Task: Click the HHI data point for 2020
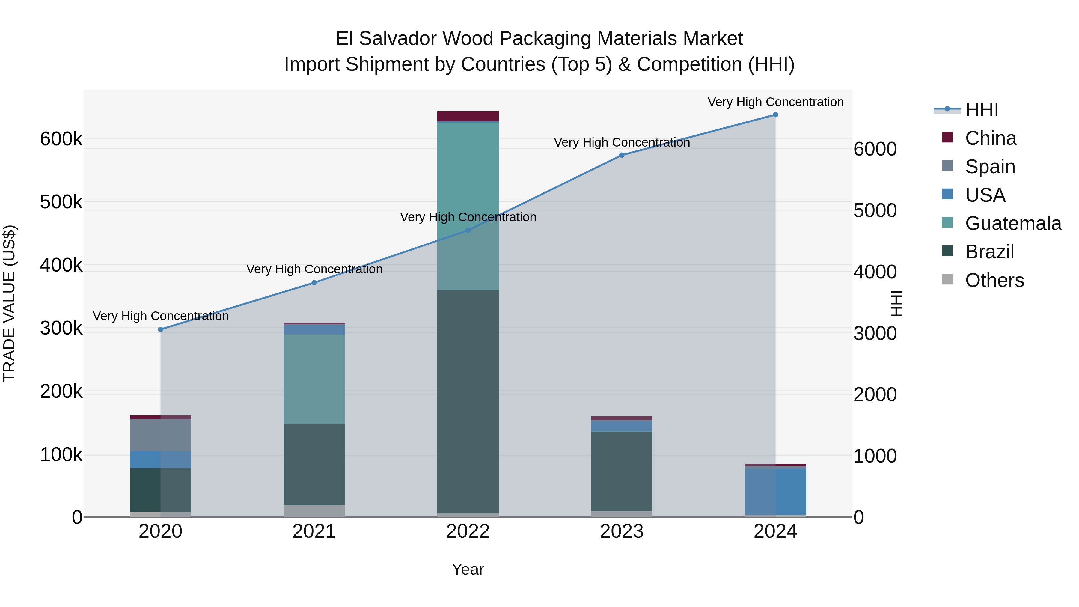pos(160,329)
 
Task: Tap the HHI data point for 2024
pos(775,115)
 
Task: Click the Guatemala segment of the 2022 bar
pos(468,205)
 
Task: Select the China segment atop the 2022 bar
pos(468,116)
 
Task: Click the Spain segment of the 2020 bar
pos(160,435)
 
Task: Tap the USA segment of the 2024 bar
pos(775,491)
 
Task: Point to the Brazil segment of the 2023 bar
pos(622,471)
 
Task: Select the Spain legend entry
pos(990,167)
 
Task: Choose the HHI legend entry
pos(981,110)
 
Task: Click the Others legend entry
pos(994,280)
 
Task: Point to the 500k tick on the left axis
pos(61,202)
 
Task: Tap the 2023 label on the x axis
pos(622,531)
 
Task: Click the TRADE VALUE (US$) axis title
pos(9,303)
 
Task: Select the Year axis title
pos(468,569)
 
